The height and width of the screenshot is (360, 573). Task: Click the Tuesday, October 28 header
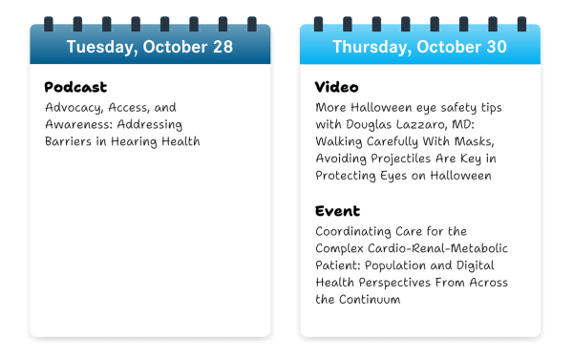tap(149, 47)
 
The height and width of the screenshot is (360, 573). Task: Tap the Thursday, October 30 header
tap(420, 47)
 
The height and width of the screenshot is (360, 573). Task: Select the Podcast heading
tap(75, 88)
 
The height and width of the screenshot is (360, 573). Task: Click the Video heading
tap(336, 88)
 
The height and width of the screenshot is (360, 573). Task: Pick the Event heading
tap(337, 211)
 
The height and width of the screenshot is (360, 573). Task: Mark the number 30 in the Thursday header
tap(497, 47)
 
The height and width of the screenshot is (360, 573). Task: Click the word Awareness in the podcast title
tap(80, 125)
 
